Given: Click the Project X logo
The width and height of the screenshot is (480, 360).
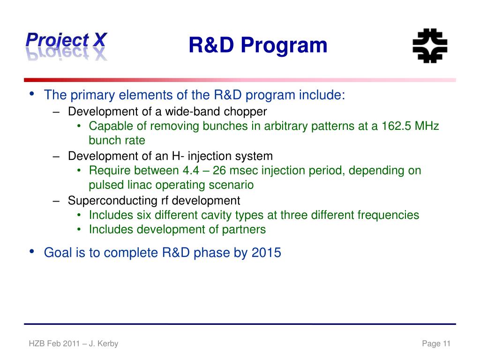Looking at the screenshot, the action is coord(67,46).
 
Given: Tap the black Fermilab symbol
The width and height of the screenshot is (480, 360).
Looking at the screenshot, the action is coord(430,46).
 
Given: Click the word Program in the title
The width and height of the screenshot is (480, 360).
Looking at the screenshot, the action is coord(284,46).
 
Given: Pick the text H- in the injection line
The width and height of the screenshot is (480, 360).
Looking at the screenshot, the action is coord(178,156).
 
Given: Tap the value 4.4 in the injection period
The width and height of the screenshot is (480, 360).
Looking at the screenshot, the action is coord(191,171).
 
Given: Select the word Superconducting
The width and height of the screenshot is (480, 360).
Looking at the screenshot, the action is coord(112,201).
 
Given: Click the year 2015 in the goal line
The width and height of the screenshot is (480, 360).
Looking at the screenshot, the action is coord(266,253).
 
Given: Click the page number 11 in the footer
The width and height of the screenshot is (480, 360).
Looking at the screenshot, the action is coord(447,344).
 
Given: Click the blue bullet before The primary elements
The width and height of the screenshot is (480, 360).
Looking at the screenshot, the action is coord(31,94).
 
